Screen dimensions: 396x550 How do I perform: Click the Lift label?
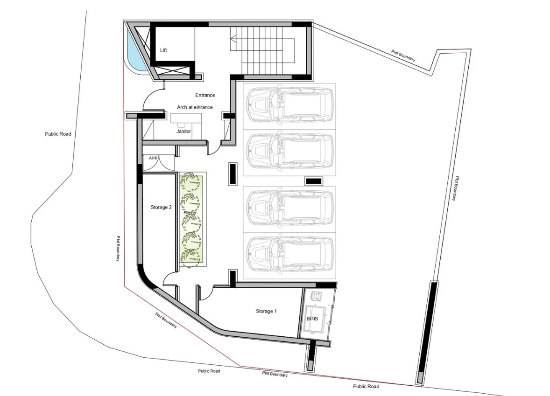point(163,50)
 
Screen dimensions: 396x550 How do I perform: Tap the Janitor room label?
point(183,132)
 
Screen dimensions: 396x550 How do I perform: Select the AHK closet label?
point(153,159)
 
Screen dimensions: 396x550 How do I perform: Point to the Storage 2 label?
point(161,207)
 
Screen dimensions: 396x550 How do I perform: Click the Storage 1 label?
point(266,311)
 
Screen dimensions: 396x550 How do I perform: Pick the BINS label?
point(311,319)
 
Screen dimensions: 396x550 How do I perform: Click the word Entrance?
point(205,95)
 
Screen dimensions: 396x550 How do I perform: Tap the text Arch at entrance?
point(195,107)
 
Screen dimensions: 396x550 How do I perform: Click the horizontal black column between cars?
point(313,181)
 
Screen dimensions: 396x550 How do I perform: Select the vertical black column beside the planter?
point(232,174)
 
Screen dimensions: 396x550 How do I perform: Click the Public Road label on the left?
point(58,134)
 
